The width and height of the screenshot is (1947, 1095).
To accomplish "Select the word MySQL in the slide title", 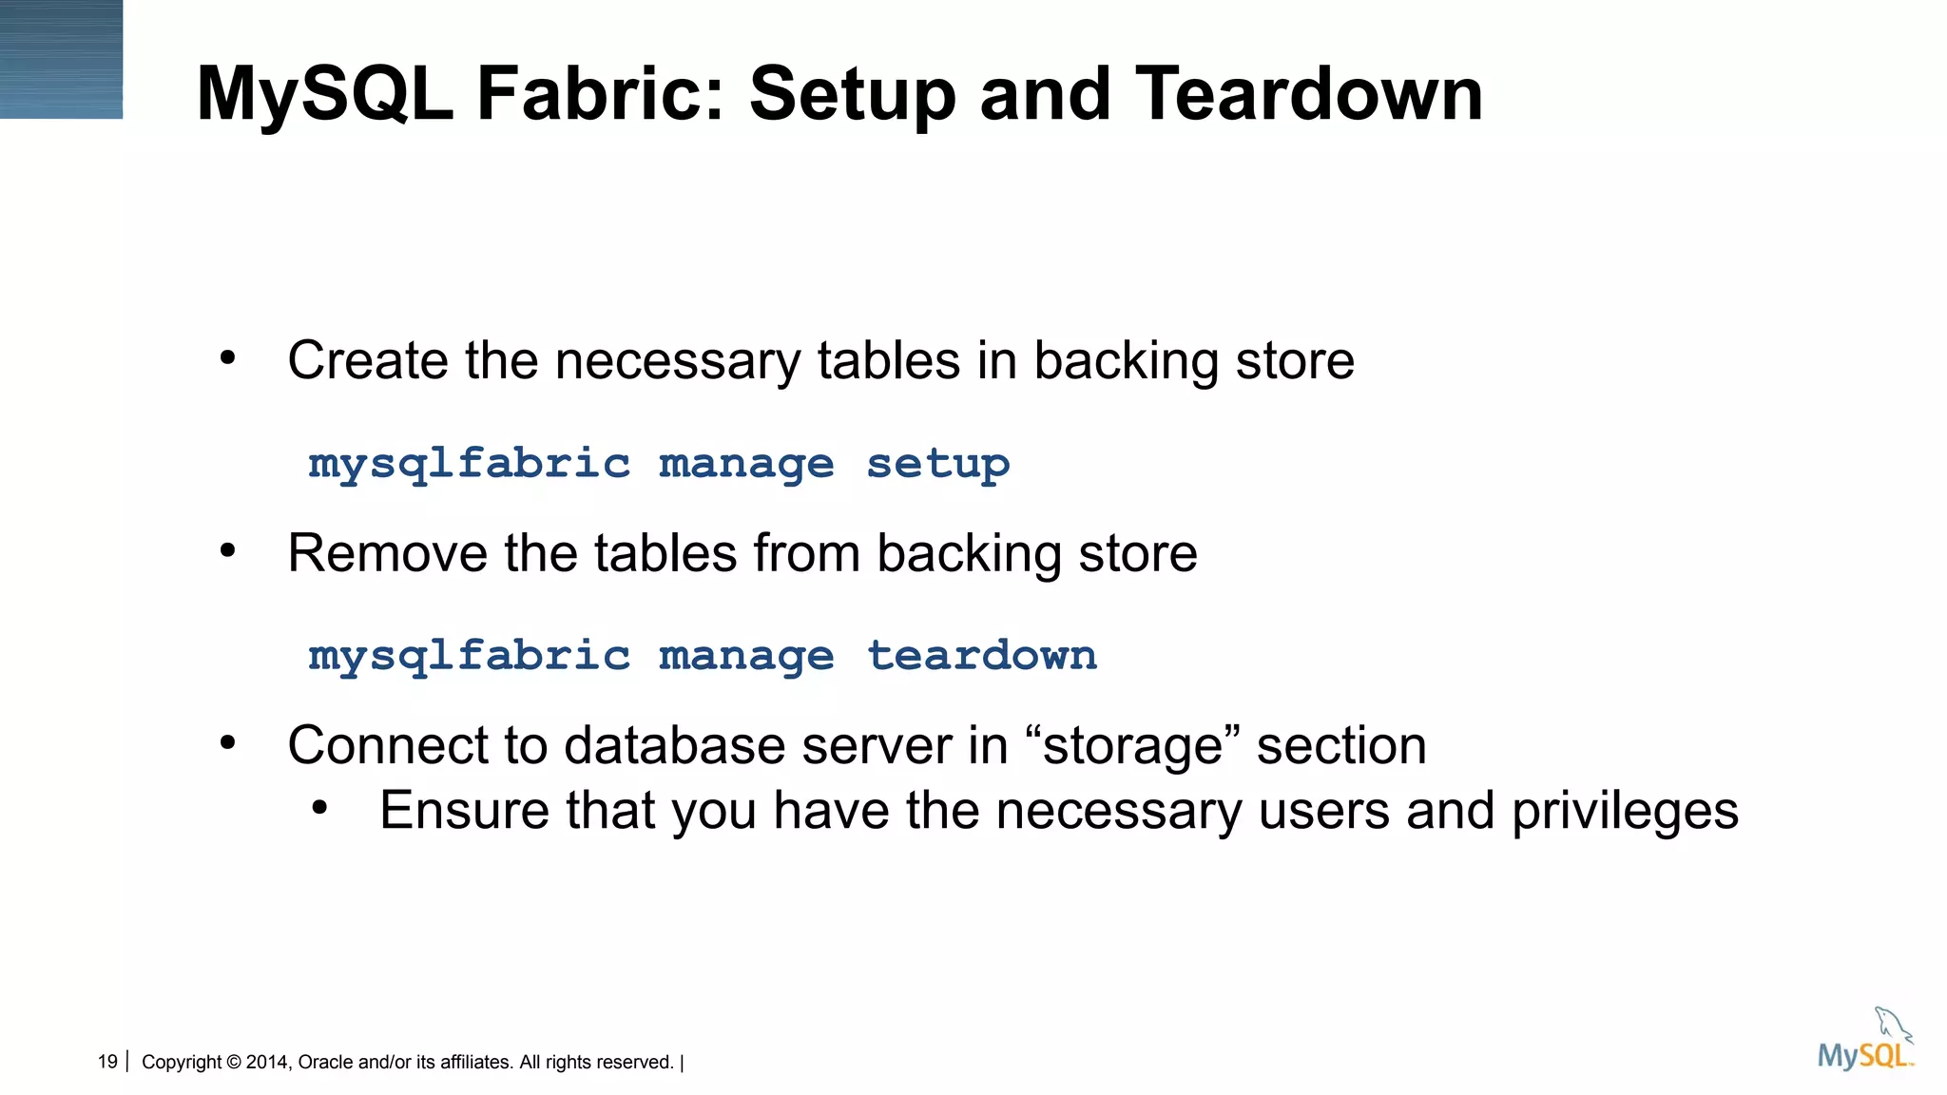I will point(324,94).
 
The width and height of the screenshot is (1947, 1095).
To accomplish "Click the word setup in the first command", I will point(937,464).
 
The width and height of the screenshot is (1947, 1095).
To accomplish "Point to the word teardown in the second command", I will point(981,656).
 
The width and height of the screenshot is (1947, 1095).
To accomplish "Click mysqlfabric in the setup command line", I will point(469,464).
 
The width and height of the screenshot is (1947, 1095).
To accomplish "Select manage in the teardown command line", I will point(746,656).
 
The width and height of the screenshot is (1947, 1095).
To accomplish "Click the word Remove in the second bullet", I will point(387,553).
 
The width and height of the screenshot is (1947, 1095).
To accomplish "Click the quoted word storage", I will point(1132,745).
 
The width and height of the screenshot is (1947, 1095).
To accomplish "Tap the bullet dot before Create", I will point(227,358).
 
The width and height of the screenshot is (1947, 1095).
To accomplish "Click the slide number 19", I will point(107,1062).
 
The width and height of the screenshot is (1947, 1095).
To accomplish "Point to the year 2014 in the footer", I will point(266,1062).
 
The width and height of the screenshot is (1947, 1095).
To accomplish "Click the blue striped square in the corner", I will point(61,59).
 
